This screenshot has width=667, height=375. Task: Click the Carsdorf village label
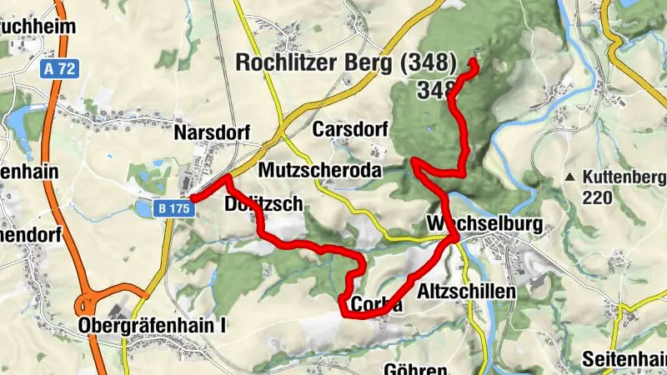[x=350, y=130]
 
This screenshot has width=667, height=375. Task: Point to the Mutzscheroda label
[x=320, y=170]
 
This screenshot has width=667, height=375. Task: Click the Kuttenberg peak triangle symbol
[x=569, y=177]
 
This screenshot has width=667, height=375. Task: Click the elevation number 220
[x=598, y=197]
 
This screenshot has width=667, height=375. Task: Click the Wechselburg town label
[x=484, y=225]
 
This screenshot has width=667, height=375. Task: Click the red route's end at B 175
[x=193, y=198]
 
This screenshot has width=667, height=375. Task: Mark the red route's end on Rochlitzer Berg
[x=474, y=62]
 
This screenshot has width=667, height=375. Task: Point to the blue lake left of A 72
[x=18, y=122]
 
